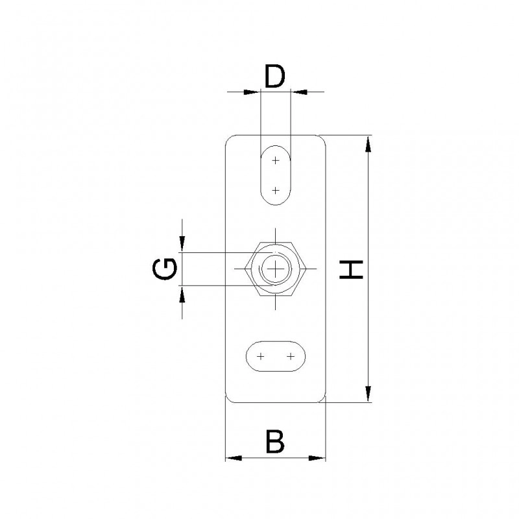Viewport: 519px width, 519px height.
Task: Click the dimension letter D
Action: click(x=274, y=76)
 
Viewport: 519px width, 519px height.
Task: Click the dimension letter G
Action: click(x=165, y=269)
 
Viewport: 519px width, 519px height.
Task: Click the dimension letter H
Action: click(x=352, y=269)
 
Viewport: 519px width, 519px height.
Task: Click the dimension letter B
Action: click(x=275, y=442)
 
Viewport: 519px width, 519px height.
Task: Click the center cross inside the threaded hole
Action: click(x=275, y=269)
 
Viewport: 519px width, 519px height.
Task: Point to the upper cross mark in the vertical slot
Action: click(x=275, y=161)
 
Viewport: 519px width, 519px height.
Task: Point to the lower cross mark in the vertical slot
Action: click(x=275, y=190)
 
